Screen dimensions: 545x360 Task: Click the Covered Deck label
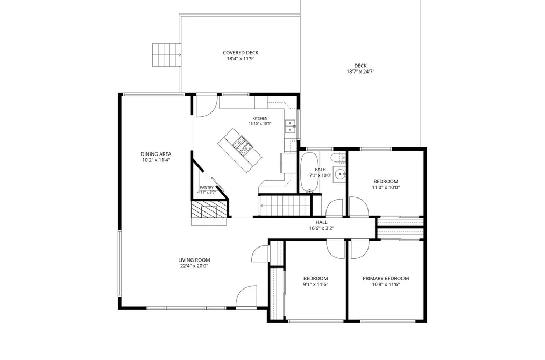(x=240, y=53)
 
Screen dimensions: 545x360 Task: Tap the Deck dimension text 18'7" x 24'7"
(x=360, y=72)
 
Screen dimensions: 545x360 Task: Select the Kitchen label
(x=260, y=118)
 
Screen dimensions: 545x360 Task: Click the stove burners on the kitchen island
(x=242, y=145)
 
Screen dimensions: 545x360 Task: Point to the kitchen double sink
(x=290, y=126)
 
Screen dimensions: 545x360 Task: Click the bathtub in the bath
(x=309, y=172)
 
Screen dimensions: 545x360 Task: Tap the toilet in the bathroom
(x=337, y=158)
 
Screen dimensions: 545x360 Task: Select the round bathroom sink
(x=339, y=174)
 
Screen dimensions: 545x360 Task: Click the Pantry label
(x=207, y=188)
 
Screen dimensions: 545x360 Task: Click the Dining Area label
(x=156, y=154)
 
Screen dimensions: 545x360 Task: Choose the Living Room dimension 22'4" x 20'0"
(x=194, y=266)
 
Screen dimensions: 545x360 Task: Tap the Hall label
(x=322, y=222)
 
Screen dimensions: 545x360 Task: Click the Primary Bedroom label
(x=386, y=278)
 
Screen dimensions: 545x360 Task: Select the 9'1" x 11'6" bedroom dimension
(x=316, y=284)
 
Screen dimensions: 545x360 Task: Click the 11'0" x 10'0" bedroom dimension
(x=386, y=187)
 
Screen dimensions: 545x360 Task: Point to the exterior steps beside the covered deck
(x=166, y=55)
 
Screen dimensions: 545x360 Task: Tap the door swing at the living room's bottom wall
(x=246, y=297)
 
